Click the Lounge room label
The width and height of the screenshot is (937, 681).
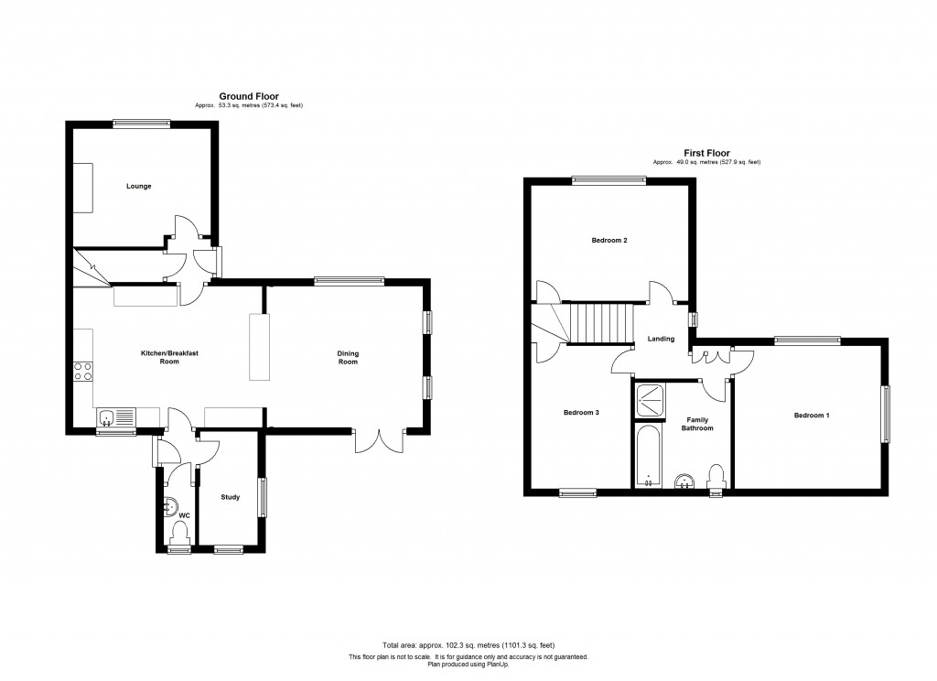(139, 186)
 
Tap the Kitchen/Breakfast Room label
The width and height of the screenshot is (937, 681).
(169, 357)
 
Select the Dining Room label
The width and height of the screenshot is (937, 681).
(348, 358)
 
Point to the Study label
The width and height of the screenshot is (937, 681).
(230, 497)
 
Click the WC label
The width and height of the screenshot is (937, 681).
(185, 515)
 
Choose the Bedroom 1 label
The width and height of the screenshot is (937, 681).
(812, 416)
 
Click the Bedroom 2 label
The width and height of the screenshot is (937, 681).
(609, 241)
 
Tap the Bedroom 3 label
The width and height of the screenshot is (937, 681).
(581, 413)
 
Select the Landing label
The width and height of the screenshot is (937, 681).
(661, 339)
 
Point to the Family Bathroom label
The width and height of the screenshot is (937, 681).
(697, 424)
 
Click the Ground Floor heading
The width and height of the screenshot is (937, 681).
(249, 96)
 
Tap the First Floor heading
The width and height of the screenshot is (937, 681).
(707, 153)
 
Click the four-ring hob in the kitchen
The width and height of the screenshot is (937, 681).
(83, 372)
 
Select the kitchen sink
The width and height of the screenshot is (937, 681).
(116, 416)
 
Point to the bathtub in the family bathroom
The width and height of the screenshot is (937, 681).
(648, 456)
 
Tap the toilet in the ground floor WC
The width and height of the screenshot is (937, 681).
(179, 532)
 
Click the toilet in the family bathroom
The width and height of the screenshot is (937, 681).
(716, 478)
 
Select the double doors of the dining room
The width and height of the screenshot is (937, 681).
(380, 441)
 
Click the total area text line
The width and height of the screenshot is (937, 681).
(468, 645)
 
